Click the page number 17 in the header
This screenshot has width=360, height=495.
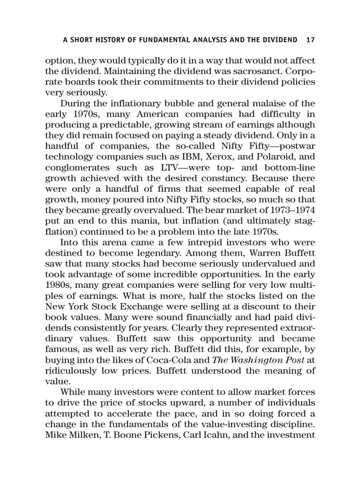tap(310, 40)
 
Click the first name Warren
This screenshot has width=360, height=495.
tap(266, 253)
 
